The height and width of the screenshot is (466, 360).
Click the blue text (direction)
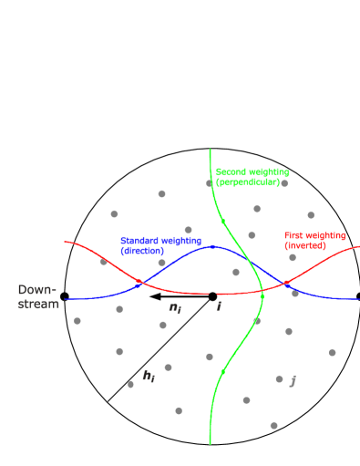pyautogui.click(x=142, y=251)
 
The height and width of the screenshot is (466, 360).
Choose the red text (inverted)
pyautogui.click(x=304, y=245)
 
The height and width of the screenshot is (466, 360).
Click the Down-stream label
pyautogui.click(x=37, y=296)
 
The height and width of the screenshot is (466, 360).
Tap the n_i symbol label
pyautogui.click(x=175, y=307)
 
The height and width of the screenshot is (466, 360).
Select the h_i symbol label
pyautogui.click(x=149, y=375)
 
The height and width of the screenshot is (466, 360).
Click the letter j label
pyautogui.click(x=293, y=380)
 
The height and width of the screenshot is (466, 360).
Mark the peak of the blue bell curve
pyautogui.click(x=211, y=246)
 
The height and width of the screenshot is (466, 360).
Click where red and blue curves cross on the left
pyautogui.click(x=139, y=284)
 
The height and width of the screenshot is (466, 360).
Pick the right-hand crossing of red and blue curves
pyautogui.click(x=286, y=284)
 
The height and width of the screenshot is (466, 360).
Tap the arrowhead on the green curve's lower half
pyautogui.click(x=222, y=370)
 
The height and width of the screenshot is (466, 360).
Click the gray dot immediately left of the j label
pyautogui.click(x=279, y=378)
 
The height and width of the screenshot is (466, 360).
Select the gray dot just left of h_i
pyautogui.click(x=130, y=384)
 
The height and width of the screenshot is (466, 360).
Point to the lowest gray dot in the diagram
pyautogui.click(x=273, y=425)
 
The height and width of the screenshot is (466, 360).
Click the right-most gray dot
pyautogui.click(x=332, y=352)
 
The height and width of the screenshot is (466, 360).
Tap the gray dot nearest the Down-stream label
pyautogui.click(x=77, y=320)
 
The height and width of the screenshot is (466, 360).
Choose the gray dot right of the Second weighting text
pyautogui.click(x=284, y=183)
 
